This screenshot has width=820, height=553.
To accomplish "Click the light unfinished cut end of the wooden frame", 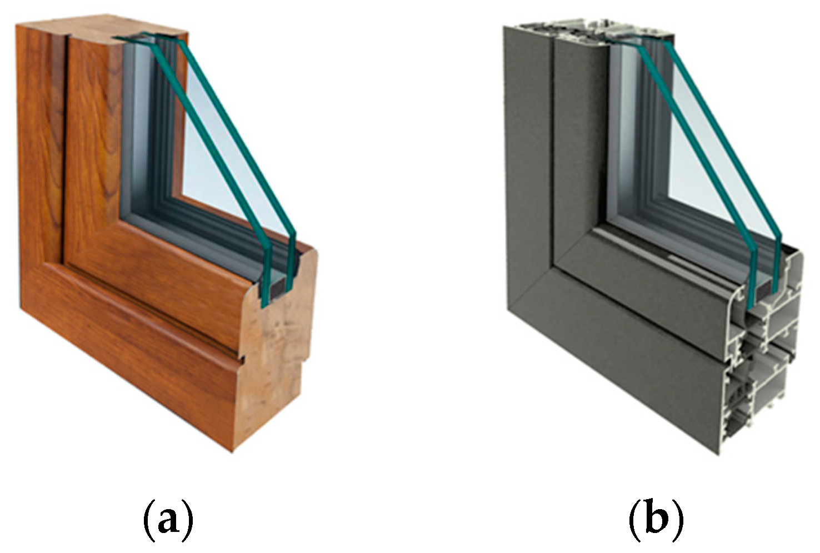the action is (x=278, y=348).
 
